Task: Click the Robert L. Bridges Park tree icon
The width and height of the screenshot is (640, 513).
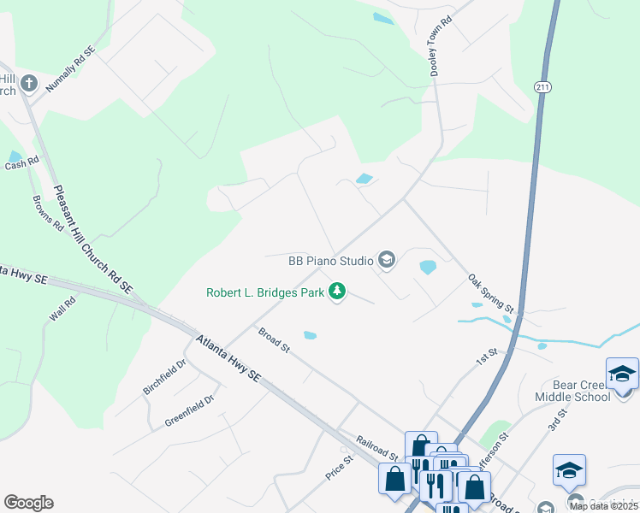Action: pyautogui.click(x=338, y=292)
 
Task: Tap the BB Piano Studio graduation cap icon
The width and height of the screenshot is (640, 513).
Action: pyautogui.click(x=387, y=260)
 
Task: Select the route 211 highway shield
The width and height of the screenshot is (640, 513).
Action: pyautogui.click(x=542, y=86)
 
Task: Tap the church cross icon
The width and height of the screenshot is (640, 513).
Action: pyautogui.click(x=29, y=83)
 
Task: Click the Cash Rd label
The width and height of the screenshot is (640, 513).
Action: pyautogui.click(x=22, y=162)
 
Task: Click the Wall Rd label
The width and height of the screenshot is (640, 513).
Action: pyautogui.click(x=62, y=309)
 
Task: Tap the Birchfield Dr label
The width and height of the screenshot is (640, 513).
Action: pyautogui.click(x=164, y=377)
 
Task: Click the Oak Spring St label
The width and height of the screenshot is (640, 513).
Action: pyautogui.click(x=490, y=293)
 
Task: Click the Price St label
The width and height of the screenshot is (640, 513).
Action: pyautogui.click(x=340, y=468)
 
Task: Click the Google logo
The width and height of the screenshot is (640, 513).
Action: pyautogui.click(x=28, y=503)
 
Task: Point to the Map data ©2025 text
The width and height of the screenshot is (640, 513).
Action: pyautogui.click(x=604, y=506)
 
